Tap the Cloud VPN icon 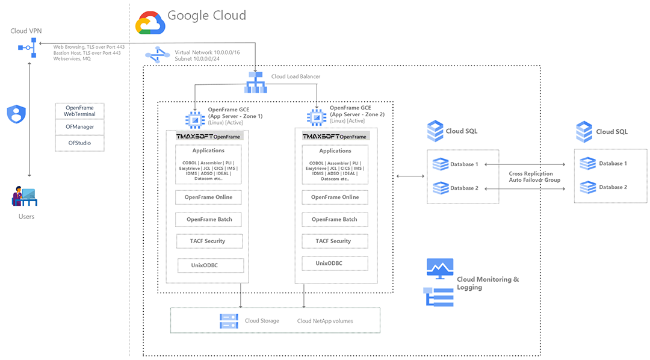28,48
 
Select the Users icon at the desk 25,196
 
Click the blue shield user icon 17,114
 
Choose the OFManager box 79,127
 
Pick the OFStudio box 79,143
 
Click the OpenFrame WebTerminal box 79,111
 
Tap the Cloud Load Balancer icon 256,82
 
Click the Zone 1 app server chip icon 195,120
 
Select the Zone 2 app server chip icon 317,117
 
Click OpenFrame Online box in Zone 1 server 208,197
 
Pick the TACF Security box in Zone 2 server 333,241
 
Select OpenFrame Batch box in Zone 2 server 335,219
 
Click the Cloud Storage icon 229,321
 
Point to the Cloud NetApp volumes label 325,321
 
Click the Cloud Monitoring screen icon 440,268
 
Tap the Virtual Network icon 157,55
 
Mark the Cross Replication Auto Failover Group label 534,176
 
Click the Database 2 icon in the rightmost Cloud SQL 588,187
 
